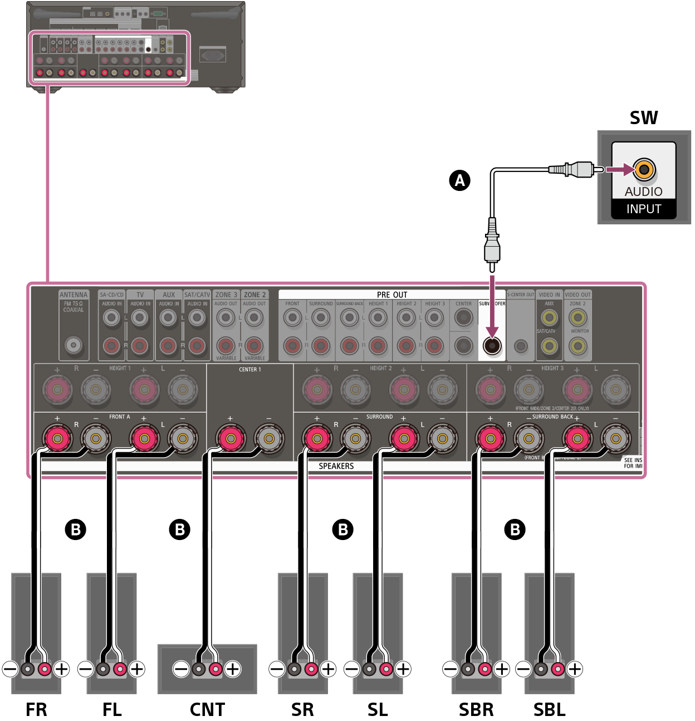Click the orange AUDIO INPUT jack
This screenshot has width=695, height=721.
click(x=644, y=169)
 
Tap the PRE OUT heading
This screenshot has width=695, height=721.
click(x=392, y=295)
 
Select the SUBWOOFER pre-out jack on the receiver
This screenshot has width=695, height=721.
click(x=492, y=346)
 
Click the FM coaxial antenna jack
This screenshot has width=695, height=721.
click(x=74, y=345)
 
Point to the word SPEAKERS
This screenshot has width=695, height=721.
click(x=336, y=466)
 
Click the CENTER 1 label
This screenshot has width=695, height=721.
click(x=249, y=369)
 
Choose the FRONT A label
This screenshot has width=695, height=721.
click(x=119, y=416)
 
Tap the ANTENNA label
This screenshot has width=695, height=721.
click(x=74, y=295)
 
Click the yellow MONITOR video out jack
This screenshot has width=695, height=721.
click(x=578, y=346)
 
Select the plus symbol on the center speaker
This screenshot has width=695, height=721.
click(x=233, y=669)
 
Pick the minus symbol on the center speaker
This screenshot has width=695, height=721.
click(x=181, y=669)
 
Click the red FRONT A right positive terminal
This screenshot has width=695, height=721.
click(x=57, y=439)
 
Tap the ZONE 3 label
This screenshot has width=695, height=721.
click(x=226, y=295)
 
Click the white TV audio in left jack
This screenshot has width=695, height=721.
click(x=140, y=317)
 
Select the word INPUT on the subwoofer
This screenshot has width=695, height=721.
click(x=644, y=209)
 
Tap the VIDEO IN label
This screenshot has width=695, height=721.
click(x=549, y=295)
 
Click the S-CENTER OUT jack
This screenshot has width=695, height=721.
click(x=520, y=346)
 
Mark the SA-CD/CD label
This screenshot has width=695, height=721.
click(x=111, y=295)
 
